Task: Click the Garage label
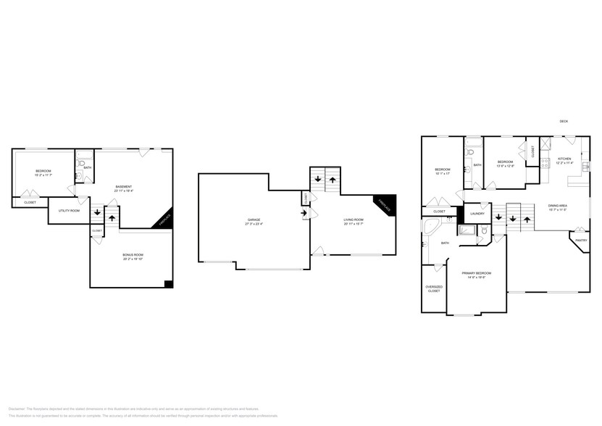[254, 220]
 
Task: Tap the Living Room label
[354, 220]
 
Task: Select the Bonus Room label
[133, 254]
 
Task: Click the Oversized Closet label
[434, 288]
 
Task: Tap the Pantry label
[580, 240]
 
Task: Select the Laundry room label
[477, 213]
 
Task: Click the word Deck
[564, 121]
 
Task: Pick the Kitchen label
[564, 159]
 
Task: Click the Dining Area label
[557, 206]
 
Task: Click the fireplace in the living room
[386, 205]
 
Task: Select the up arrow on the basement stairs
[112, 216]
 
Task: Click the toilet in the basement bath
[80, 164]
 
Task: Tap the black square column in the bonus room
[168, 283]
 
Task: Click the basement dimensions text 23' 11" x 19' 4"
[124, 191]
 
